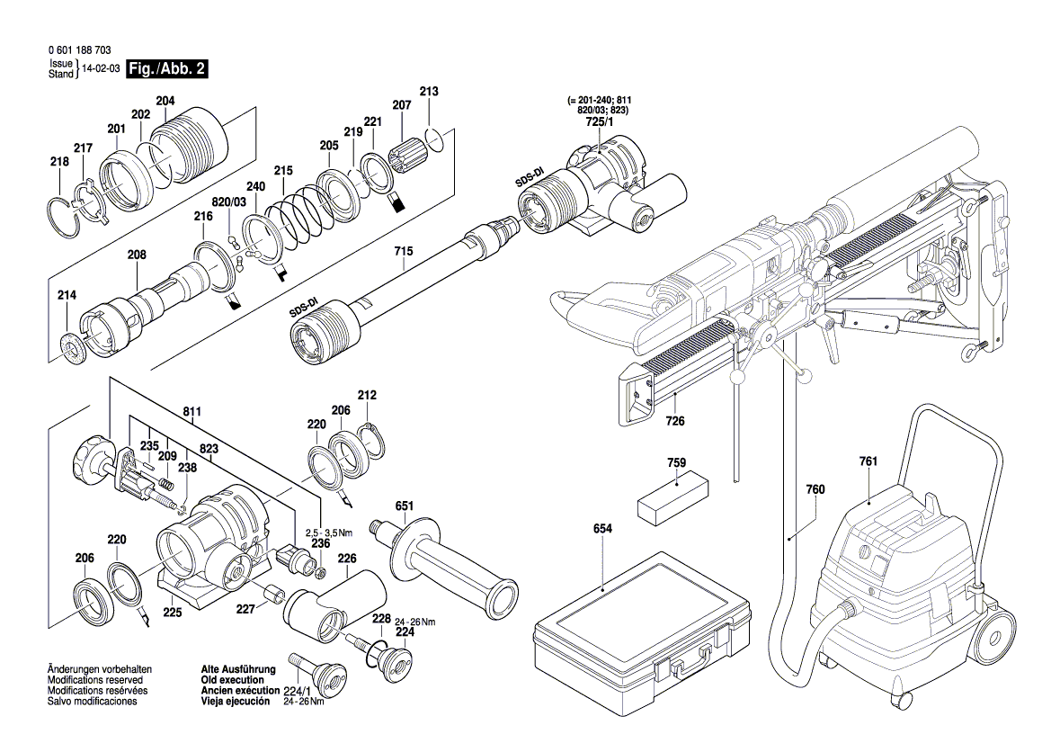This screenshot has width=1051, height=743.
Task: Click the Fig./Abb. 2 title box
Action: (x=167, y=69)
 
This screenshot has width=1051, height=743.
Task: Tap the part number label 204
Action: (x=165, y=102)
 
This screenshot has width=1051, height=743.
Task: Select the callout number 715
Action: (x=405, y=255)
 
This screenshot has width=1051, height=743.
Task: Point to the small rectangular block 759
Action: (x=672, y=497)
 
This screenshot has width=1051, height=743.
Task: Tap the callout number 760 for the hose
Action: (x=815, y=490)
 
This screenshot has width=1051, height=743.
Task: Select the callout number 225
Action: (x=172, y=613)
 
